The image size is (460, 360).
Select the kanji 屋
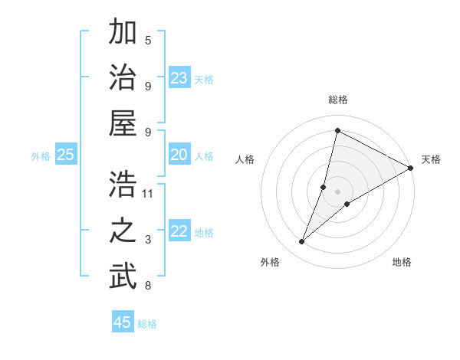(x=123, y=123)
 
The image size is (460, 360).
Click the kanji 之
(x=123, y=231)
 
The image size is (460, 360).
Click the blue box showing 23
(x=179, y=78)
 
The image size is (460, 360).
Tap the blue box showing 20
(x=179, y=155)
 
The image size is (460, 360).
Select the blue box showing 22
(x=179, y=232)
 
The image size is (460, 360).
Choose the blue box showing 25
(x=65, y=155)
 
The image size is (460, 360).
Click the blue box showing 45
(x=123, y=322)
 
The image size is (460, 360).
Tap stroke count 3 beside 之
(x=148, y=241)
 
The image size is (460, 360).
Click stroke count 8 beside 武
(x=148, y=286)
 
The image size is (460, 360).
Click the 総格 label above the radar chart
(x=337, y=100)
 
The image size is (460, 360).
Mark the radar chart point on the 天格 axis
(x=410, y=169)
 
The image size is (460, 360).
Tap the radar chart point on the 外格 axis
(x=302, y=242)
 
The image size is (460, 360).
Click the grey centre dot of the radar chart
(x=337, y=191)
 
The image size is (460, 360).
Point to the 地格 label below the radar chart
(x=402, y=263)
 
